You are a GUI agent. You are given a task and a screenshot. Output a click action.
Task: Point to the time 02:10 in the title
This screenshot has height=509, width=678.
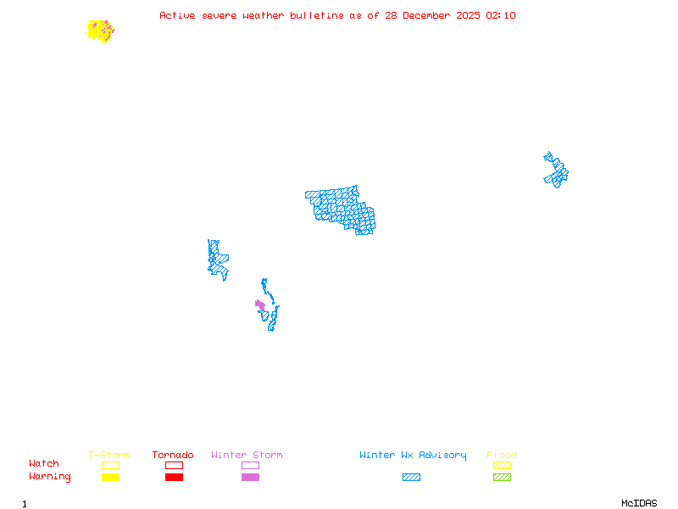coord(501,15)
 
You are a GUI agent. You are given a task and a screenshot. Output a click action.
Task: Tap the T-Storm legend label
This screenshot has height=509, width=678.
coord(109,455)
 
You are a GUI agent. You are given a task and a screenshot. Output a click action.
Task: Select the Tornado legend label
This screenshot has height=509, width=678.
coord(173,455)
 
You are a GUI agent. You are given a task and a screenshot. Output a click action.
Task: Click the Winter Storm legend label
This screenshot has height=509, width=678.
coord(247,455)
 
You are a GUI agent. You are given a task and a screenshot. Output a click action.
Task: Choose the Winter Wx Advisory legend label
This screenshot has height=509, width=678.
coord(413,455)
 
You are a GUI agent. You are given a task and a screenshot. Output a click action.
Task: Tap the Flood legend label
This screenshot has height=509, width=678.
coord(502,455)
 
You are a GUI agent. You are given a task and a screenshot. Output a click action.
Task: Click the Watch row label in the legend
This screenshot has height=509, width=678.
coord(44,464)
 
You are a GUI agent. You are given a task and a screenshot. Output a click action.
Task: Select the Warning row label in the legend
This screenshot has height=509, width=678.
coord(49,477)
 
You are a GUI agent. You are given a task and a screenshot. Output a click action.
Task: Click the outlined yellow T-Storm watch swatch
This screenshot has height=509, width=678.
coord(110,465)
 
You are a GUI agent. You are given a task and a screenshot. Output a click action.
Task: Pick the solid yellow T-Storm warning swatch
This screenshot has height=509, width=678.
coord(110,478)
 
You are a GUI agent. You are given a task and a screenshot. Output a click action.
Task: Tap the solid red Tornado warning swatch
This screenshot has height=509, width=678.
coord(174,478)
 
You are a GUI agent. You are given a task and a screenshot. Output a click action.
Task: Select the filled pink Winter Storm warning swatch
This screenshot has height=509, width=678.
coord(250,478)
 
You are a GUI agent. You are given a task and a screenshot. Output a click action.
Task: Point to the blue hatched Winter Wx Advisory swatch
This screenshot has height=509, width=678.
coord(411,478)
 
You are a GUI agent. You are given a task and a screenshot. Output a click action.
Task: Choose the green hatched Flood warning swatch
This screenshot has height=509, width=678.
coord(502,478)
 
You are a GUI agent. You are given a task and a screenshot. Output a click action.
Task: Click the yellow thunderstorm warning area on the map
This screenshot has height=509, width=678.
coord(99,31)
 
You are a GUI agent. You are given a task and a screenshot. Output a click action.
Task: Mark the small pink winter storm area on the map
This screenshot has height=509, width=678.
coord(260,305)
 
